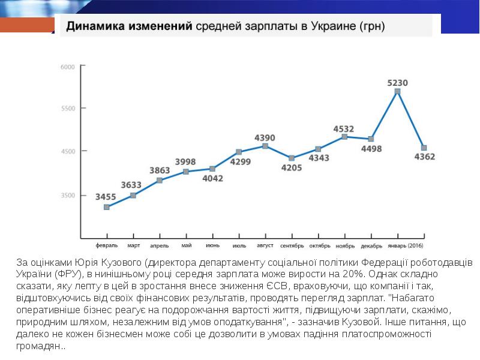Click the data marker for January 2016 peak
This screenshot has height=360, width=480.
pos(397,92)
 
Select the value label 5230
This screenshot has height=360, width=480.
pos(397,83)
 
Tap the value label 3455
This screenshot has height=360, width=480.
pos(106,196)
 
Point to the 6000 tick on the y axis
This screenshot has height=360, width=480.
pos(67,67)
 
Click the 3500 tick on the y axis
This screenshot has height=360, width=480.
pos(67,196)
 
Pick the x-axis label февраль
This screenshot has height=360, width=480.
pos(106,245)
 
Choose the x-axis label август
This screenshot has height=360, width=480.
pos(265,245)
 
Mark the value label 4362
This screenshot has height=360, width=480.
pos(425,157)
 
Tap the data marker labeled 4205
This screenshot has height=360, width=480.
pos(292,158)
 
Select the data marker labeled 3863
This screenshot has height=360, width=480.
pos(160,181)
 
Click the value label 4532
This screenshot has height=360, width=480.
pos(344,128)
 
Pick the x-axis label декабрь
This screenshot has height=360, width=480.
pos(371,245)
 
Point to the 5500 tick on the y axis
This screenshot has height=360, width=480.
pos(67,109)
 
